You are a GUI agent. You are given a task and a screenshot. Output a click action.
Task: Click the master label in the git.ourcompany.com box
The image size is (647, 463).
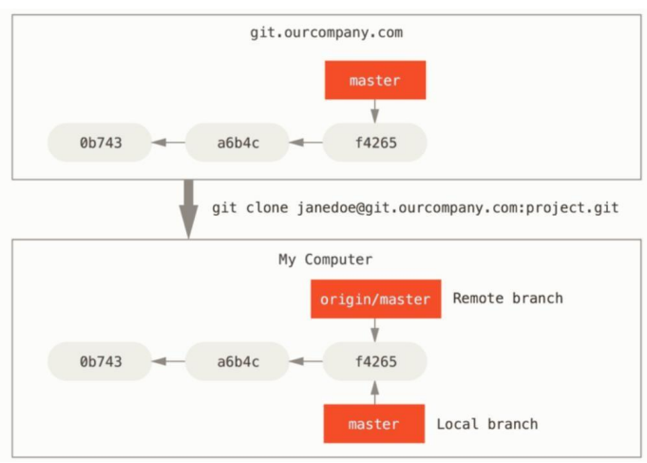[375, 81]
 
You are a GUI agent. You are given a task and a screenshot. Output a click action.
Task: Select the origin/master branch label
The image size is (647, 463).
[375, 299]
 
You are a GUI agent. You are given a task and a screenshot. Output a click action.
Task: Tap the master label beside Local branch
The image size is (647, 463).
[373, 424]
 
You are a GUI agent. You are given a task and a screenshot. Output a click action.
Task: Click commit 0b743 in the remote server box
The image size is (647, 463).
[101, 143]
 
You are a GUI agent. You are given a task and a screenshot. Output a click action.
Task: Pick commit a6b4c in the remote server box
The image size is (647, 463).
[237, 143]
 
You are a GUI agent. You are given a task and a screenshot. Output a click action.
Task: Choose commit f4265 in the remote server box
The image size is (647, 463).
[374, 143]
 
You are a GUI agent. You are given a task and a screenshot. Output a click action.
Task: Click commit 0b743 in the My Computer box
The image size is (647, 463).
[101, 361]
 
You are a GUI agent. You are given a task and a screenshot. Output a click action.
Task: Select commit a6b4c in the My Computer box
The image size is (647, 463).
[237, 361]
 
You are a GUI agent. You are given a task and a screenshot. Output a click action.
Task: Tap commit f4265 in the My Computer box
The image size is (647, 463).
[374, 361]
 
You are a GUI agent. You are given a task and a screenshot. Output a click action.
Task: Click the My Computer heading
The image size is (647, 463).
[325, 259]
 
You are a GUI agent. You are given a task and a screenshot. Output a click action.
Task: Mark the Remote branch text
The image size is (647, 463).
[507, 299]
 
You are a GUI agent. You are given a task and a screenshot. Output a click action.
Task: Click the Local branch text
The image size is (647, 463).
[486, 424]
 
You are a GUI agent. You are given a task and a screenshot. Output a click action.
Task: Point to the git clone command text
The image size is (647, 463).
[415, 207]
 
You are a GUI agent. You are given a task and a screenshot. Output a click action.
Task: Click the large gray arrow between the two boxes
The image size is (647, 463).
[189, 207]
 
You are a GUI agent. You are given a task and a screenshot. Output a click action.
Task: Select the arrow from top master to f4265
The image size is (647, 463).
[375, 111]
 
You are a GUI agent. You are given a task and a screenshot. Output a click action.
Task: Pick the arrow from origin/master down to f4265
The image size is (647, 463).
[375, 330]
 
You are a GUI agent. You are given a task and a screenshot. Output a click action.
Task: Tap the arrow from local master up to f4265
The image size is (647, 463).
[375, 392]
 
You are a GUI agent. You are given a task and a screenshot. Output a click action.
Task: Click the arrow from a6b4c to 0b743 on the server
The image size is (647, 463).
[169, 143]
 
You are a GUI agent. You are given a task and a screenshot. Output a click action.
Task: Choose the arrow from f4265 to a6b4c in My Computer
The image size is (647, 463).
[306, 361]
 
